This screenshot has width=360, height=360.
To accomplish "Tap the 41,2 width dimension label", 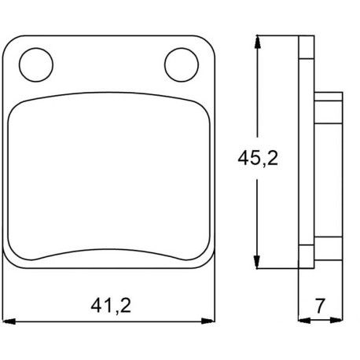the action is point(111,306).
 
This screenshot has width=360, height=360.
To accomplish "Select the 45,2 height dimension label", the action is point(258,158).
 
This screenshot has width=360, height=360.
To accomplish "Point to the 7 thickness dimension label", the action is point(320,306).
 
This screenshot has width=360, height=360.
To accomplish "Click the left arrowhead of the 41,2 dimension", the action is point(9,321).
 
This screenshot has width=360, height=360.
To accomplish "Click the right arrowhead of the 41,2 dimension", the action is point(208,321).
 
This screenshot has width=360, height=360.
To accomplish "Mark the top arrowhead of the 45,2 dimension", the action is point(258,42).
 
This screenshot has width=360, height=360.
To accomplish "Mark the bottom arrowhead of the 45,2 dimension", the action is point(257,262).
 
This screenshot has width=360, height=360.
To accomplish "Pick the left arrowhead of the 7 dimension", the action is point(304,320).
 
